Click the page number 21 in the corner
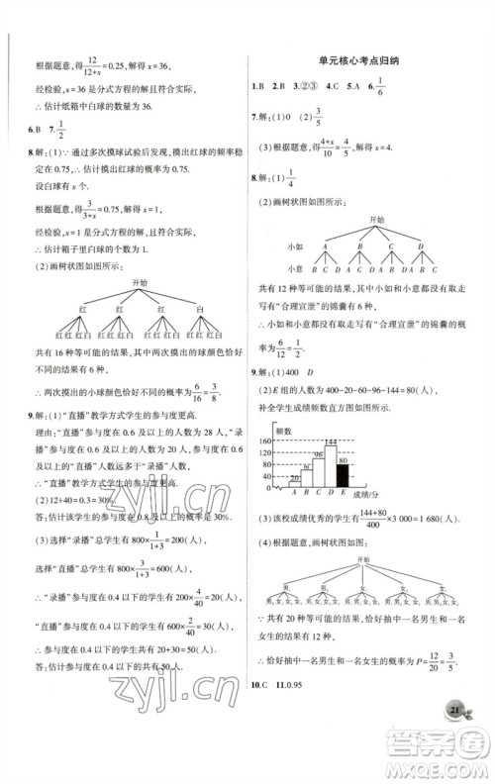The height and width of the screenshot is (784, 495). coord(454,738)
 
